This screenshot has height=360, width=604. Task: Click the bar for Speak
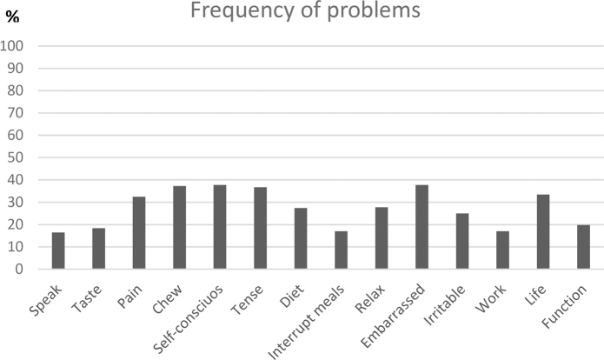pos(58,250)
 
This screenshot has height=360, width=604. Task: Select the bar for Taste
pos(98,248)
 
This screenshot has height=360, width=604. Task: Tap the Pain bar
pos(139,233)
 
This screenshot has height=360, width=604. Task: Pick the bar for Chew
pos(180,228)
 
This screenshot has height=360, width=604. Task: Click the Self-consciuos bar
pos(220,227)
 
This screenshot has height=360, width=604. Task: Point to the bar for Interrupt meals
pos(341,250)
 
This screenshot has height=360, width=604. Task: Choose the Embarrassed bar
pos(421,227)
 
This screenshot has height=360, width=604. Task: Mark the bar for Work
pos(502,250)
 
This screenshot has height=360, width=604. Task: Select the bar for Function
pos(584,247)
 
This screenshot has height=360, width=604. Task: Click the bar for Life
pos(543,231)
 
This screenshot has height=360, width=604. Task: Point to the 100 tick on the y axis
pos(11,46)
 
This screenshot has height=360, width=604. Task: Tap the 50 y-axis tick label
pos(16,157)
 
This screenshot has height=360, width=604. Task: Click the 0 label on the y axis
pos(19,269)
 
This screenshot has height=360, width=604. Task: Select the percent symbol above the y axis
pos(12,17)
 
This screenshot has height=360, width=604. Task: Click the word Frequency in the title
pos(242,10)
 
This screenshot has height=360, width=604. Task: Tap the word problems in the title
pos(374,10)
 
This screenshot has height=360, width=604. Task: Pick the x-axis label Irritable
pos(444,305)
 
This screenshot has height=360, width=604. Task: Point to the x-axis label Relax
pos(370,299)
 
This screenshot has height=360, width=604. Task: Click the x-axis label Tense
pos(247,300)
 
